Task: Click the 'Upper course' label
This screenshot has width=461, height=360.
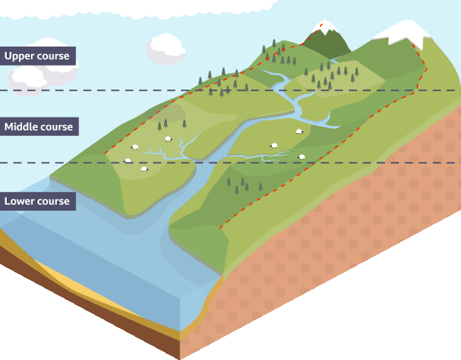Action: [x=37, y=56]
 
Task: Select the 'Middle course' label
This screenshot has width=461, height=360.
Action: [x=38, y=127]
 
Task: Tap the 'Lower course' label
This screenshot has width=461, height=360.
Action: [x=37, y=201]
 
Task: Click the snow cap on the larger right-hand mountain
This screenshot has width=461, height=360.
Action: [x=403, y=31]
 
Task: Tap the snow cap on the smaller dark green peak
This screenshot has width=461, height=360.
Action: [x=324, y=28]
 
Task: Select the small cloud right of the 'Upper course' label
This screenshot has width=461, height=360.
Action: [x=165, y=48]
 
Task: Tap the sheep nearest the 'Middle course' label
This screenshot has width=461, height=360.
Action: [x=128, y=160]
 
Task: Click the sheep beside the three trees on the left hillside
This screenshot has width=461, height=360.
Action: [x=168, y=138]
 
